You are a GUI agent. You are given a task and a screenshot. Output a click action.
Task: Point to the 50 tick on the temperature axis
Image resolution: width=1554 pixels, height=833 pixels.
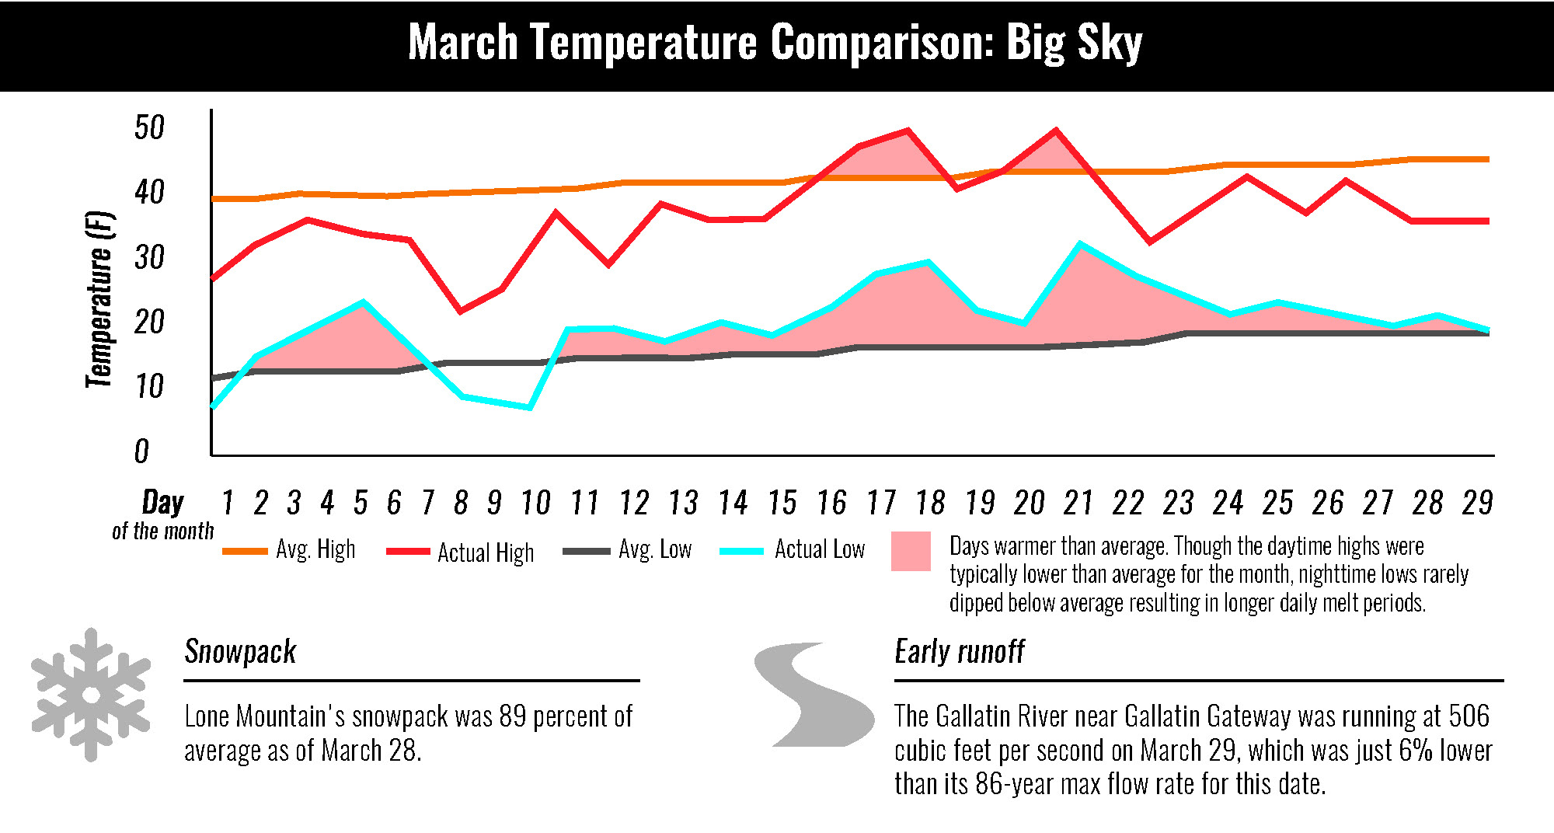tap(149, 127)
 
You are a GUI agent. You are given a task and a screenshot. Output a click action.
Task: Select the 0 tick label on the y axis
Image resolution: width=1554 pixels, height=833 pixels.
tap(141, 451)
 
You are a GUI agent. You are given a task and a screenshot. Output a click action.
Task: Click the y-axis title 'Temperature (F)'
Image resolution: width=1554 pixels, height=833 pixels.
tap(99, 299)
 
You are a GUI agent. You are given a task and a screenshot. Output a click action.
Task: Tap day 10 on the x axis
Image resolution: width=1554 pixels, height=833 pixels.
tap(535, 503)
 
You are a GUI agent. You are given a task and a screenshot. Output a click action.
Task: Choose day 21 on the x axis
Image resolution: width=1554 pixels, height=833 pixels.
tap(1078, 503)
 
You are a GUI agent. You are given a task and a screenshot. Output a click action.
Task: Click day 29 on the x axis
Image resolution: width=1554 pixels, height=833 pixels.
tap(1477, 503)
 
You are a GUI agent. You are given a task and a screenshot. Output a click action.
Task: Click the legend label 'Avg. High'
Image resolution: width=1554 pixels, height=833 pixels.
tap(315, 549)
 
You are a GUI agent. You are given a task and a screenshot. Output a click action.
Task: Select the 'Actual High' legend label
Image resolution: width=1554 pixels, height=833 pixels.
tap(486, 552)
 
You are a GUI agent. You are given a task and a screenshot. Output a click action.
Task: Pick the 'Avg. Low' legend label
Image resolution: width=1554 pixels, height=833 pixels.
tap(655, 549)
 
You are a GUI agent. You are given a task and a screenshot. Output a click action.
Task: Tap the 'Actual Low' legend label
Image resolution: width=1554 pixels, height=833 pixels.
tap(820, 549)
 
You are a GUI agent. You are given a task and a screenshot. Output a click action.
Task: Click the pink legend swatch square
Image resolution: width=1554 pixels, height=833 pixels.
tap(911, 552)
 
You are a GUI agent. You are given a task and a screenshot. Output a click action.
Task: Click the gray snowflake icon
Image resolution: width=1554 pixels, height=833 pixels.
tap(91, 695)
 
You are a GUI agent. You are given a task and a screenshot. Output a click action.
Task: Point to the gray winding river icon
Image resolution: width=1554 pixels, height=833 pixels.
tap(814, 695)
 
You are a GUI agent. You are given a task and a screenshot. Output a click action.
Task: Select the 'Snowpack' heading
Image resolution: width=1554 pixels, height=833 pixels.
tap(240, 652)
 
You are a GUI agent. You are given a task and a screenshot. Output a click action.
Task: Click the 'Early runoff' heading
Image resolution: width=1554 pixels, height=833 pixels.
tap(960, 652)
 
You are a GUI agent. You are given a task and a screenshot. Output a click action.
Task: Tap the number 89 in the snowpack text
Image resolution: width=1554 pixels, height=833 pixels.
tap(513, 716)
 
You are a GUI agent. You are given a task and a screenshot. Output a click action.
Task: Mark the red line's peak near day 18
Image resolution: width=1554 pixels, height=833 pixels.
tap(908, 131)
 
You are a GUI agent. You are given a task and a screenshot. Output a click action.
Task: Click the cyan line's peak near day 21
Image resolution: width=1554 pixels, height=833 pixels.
tap(1080, 244)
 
